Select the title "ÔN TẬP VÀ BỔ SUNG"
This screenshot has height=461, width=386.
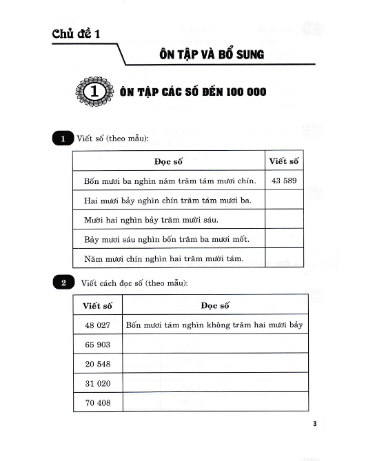pos(211,54)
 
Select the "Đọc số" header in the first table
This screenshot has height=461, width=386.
pos(168,161)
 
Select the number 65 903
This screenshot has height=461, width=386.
pos(97,344)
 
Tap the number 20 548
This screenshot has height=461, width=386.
pos(97,363)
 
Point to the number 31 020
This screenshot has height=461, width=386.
pos(97,382)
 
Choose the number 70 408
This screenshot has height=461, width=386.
pos(97,402)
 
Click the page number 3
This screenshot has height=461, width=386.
pos(314,423)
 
